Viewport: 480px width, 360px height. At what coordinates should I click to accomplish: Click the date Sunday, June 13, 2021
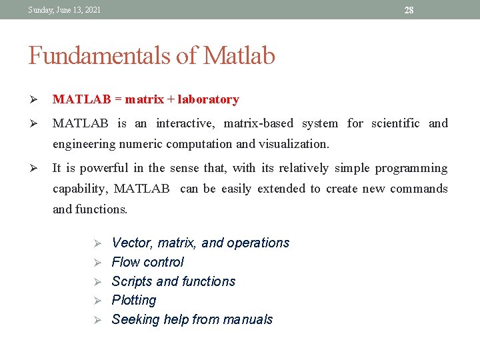(65, 9)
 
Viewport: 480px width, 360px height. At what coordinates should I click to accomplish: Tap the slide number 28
(409, 10)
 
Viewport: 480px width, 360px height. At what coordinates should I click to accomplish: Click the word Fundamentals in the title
(99, 56)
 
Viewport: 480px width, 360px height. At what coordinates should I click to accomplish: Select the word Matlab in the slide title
(239, 56)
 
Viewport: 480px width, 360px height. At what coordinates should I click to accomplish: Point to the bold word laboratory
(208, 99)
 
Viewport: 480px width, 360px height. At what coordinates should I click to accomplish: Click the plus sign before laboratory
(171, 99)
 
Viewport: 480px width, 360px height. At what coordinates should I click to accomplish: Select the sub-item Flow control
(147, 262)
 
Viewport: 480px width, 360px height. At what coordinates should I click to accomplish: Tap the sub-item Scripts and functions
(173, 281)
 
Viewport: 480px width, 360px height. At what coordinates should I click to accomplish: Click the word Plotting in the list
(134, 301)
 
